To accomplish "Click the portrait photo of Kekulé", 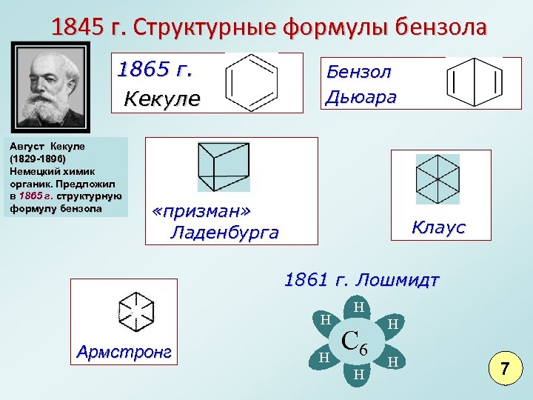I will click(x=50, y=86).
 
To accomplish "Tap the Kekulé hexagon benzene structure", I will click(x=252, y=81).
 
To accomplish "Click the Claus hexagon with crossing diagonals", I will click(x=438, y=179).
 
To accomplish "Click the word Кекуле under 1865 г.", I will click(x=161, y=99).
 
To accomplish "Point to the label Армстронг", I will click(x=124, y=352).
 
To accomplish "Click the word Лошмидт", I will click(x=397, y=281).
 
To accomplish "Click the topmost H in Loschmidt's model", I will click(x=358, y=307).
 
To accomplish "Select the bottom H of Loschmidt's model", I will click(x=358, y=374).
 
